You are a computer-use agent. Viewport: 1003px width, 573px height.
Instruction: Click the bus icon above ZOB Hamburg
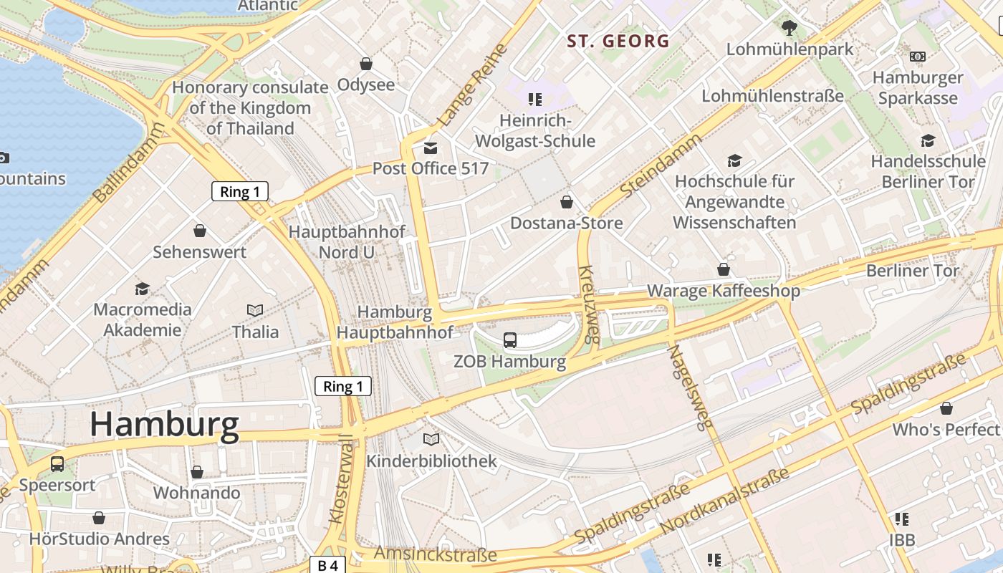(510, 340)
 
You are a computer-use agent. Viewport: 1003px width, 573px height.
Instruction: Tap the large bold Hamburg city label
(164, 425)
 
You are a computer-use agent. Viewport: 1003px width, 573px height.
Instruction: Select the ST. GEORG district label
(618, 41)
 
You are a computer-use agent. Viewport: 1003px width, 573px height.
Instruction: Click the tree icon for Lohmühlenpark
(790, 28)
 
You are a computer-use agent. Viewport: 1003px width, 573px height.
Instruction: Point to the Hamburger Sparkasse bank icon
(918, 56)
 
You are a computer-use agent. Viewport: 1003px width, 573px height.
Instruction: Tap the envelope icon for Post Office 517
(431, 148)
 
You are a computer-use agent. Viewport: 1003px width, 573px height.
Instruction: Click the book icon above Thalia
(255, 310)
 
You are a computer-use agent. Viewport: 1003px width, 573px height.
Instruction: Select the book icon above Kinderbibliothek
(431, 439)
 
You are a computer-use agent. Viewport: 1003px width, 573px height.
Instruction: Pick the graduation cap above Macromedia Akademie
(143, 289)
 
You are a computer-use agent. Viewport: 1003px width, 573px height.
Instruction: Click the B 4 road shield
(327, 565)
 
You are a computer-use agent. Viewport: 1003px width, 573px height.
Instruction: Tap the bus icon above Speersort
(57, 463)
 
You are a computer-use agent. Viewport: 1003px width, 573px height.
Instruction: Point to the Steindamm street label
(661, 165)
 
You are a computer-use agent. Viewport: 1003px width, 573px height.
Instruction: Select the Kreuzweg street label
(588, 305)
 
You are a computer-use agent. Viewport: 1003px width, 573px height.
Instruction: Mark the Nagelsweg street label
(691, 387)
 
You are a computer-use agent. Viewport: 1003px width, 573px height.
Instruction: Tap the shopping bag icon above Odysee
(366, 64)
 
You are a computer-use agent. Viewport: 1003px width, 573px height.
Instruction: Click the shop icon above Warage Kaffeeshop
(724, 269)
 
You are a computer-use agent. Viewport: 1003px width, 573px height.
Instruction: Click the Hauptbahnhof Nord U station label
(346, 241)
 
